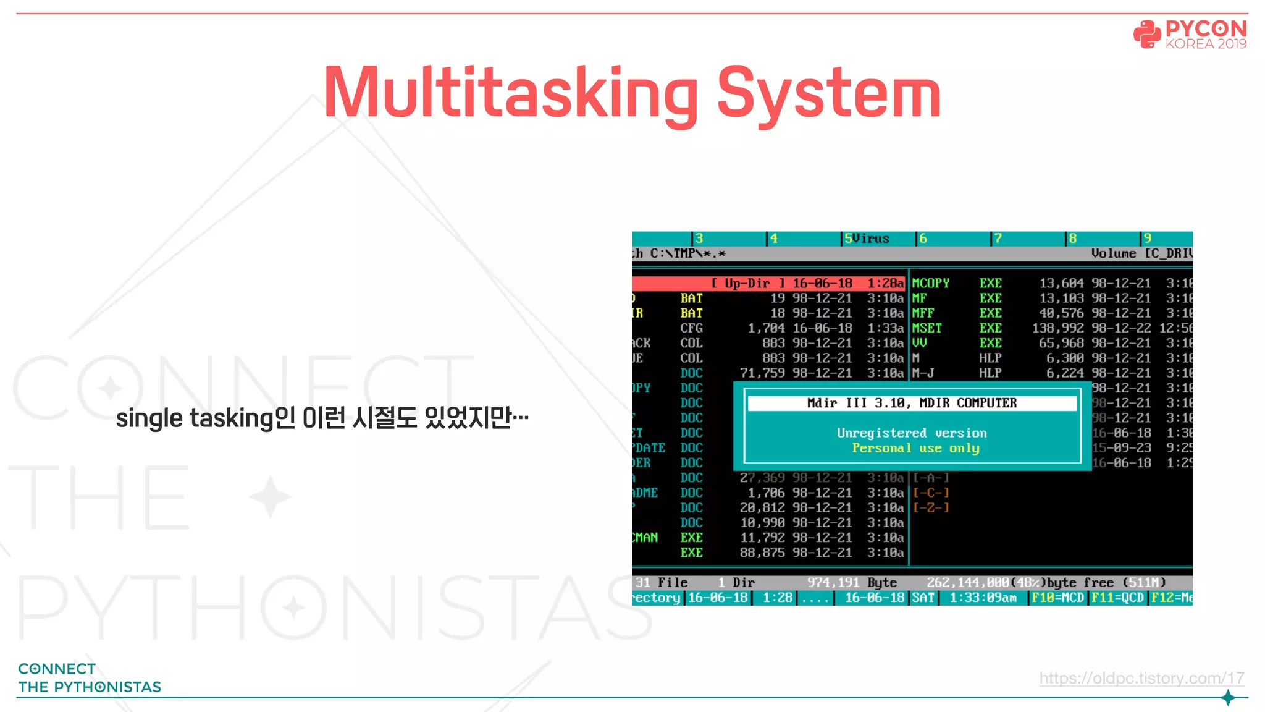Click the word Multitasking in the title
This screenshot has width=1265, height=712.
pyautogui.click(x=510, y=94)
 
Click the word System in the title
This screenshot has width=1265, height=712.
pyautogui.click(x=828, y=94)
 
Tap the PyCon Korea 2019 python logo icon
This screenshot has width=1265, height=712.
pyautogui.click(x=1147, y=34)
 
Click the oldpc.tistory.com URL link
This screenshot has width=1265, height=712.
pyautogui.click(x=1141, y=678)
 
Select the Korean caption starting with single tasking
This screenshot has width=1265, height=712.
pyautogui.click(x=322, y=418)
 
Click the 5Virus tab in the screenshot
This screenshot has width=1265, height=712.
pyautogui.click(x=867, y=239)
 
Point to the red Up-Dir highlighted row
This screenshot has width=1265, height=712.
pyautogui.click(x=769, y=283)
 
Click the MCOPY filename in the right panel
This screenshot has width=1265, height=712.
pyautogui.click(x=930, y=283)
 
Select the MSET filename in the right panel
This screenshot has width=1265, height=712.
pyautogui.click(x=927, y=328)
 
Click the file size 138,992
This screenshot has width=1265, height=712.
pyautogui.click(x=1057, y=328)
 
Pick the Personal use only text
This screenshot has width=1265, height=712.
pyautogui.click(x=915, y=448)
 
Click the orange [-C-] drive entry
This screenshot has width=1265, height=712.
pyautogui.click(x=931, y=493)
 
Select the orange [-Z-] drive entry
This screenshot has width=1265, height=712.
pyautogui.click(x=931, y=507)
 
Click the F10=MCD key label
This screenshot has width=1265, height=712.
pyautogui.click(x=1057, y=598)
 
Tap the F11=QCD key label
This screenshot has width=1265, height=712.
pyautogui.click(x=1117, y=598)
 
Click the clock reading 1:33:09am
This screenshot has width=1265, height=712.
pyautogui.click(x=983, y=598)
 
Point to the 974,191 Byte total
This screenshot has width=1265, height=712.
pyautogui.click(x=852, y=582)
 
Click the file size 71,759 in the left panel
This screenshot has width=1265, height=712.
pyautogui.click(x=762, y=373)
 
